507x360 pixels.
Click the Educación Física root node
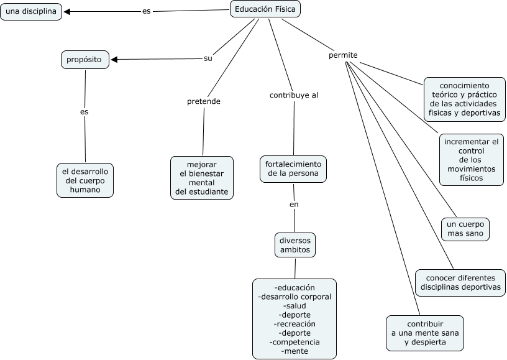(265, 9)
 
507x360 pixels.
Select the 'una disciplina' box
(31, 12)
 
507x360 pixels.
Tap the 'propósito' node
(85, 60)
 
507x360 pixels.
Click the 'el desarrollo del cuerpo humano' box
(85, 180)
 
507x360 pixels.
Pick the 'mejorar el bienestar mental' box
(202, 178)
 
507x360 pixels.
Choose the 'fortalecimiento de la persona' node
(293, 169)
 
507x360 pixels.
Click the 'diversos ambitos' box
(295, 245)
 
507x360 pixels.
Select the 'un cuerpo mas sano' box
(465, 229)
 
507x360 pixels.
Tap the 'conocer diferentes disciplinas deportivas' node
(460, 283)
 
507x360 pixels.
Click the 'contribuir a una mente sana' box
(425, 333)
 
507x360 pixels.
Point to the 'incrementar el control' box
(472, 160)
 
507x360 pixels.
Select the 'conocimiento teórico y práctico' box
(465, 99)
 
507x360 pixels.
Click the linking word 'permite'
(343, 55)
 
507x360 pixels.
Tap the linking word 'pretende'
(204, 101)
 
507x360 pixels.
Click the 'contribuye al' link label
(294, 95)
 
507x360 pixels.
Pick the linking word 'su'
(208, 58)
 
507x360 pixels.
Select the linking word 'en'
(294, 205)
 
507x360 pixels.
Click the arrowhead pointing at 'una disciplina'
(67, 12)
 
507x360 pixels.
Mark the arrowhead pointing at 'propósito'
(114, 60)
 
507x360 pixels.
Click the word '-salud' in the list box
(295, 306)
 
